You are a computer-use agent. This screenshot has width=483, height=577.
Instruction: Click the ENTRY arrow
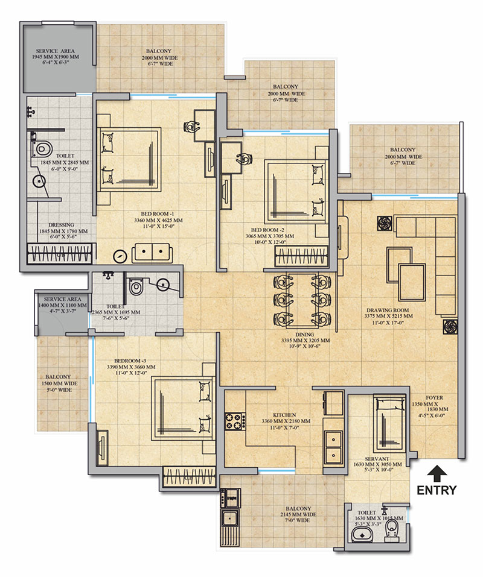(x=437, y=473)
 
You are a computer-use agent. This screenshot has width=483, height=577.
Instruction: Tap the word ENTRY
(x=437, y=490)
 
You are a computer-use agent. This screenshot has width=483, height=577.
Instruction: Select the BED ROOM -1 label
(x=158, y=214)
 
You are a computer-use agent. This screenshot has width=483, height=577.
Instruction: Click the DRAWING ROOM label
(x=388, y=311)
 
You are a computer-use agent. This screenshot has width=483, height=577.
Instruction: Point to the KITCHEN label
(x=284, y=415)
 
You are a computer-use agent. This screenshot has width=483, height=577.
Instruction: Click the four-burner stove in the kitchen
(x=235, y=421)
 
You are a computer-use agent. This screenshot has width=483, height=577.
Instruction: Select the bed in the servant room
(x=389, y=424)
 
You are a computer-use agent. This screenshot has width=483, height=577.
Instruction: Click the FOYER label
(x=435, y=398)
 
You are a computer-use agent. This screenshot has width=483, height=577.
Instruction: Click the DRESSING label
(x=61, y=225)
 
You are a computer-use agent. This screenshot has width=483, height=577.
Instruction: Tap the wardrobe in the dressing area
(x=59, y=253)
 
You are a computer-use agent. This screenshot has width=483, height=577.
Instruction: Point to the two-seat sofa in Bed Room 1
(x=152, y=253)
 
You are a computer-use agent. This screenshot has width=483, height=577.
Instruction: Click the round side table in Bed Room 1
(x=120, y=256)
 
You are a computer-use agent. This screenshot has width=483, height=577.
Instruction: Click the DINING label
(x=305, y=335)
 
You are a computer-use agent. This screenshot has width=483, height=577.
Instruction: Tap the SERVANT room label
(x=377, y=459)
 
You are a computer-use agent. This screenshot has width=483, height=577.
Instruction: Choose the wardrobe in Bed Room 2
(x=301, y=256)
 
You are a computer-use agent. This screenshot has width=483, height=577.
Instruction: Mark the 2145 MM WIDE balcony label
(x=298, y=514)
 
